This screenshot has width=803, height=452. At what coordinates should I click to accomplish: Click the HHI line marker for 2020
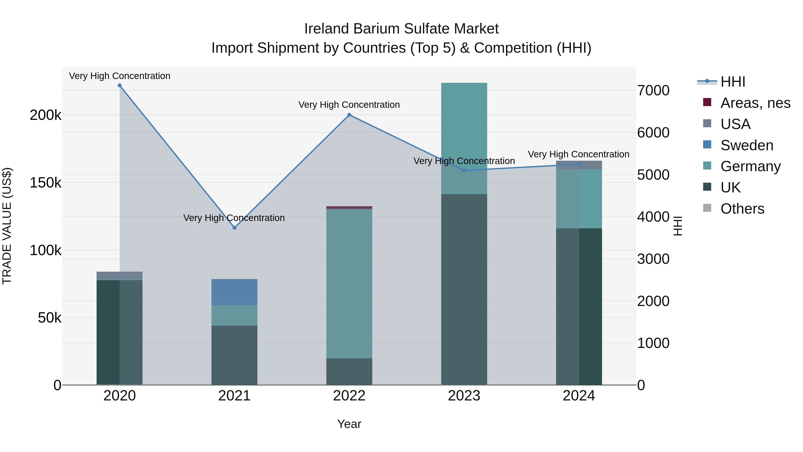tap(120, 85)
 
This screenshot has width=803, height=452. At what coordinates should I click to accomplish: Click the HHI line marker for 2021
tap(234, 228)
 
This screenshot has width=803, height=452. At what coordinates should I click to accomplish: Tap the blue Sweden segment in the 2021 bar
tap(234, 292)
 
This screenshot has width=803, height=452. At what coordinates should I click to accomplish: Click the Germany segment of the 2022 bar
tap(349, 284)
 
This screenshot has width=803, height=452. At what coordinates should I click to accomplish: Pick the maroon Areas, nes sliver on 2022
tap(349, 207)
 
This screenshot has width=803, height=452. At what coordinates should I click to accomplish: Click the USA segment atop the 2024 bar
tap(579, 165)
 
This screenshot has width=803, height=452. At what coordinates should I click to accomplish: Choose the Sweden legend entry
tap(747, 145)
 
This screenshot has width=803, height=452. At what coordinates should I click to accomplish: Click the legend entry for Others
tap(742, 209)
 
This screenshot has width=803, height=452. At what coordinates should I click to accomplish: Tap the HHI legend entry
tap(733, 82)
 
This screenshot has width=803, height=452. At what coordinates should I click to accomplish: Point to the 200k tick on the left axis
tap(46, 115)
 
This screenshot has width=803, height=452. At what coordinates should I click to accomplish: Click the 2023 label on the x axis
tap(464, 396)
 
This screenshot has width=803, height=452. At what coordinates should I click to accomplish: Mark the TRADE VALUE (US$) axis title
tap(7, 226)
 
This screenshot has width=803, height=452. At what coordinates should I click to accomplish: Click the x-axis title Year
tap(349, 424)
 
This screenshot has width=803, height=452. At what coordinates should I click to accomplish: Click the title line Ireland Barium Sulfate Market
tap(401, 29)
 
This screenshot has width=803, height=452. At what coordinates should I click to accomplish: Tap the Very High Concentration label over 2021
tap(234, 218)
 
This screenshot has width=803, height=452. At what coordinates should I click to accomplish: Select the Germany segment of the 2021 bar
tap(234, 315)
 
